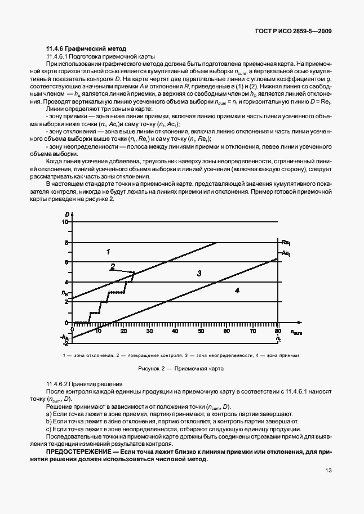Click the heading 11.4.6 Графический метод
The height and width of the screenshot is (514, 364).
pyautogui.click(x=86, y=49)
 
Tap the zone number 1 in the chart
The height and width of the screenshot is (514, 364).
pyautogui.click(x=108, y=251)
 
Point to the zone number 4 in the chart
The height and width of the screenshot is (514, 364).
pyautogui.click(x=237, y=290)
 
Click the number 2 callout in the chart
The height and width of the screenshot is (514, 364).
pyautogui.click(x=113, y=266)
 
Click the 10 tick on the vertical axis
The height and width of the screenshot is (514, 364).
pyautogui.click(x=65, y=222)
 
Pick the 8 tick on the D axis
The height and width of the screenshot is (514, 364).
pyautogui.click(x=66, y=243)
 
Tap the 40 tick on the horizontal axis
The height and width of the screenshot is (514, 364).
pyautogui.click(x=176, y=332)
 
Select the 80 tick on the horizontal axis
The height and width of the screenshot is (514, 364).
pyautogui.click(x=278, y=332)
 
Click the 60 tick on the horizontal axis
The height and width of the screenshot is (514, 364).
pyautogui.click(x=227, y=332)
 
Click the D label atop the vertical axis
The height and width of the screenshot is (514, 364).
pyautogui.click(x=66, y=214)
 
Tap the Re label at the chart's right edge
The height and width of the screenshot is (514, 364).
pyautogui.click(x=286, y=243)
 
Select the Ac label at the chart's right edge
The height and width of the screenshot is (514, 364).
pyautogui.click(x=286, y=254)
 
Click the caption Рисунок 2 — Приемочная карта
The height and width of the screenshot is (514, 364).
pyautogui.click(x=181, y=369)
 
